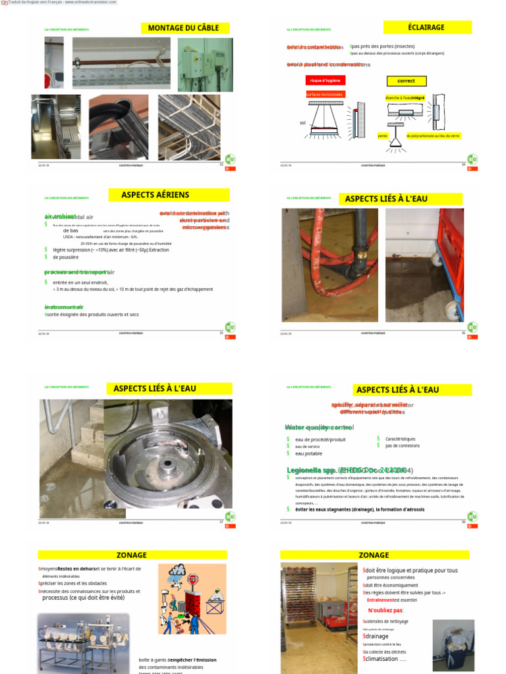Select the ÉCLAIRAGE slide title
click(427, 27)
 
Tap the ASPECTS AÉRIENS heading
click(155, 195)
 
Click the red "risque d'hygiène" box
click(325, 81)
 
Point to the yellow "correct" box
click(406, 81)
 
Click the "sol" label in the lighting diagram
click(302, 123)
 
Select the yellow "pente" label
click(382, 136)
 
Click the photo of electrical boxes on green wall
click(205, 65)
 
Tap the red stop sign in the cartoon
click(193, 580)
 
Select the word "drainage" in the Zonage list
click(376, 636)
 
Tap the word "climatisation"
click(381, 658)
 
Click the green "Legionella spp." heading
click(313, 470)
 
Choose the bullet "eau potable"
click(308, 454)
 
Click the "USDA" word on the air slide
click(69, 237)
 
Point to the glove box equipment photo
click(83, 642)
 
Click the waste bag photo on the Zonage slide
click(453, 644)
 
